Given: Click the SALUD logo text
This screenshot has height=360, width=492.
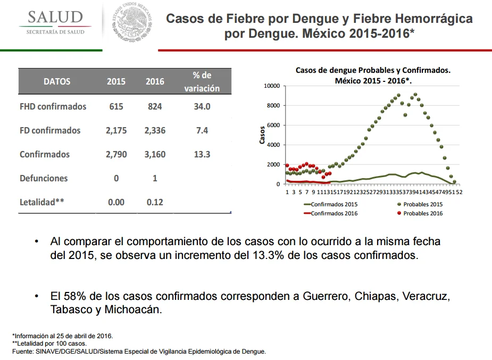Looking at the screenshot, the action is (55, 17).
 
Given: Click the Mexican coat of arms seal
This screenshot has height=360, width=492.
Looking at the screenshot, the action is (132, 21).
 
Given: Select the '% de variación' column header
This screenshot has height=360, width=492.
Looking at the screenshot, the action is (202, 81).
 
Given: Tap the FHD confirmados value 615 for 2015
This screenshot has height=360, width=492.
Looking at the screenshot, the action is (116, 107).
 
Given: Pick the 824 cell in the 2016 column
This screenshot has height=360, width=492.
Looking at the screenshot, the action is (155, 107).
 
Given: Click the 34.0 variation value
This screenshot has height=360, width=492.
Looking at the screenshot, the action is (202, 107).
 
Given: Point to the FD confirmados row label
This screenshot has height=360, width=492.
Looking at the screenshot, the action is (50, 130).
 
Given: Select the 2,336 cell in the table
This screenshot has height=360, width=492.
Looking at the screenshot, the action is (155, 130).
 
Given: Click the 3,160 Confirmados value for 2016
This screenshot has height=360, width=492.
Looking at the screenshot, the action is (155, 154).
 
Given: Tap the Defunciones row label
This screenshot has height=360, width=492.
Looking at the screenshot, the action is (44, 178).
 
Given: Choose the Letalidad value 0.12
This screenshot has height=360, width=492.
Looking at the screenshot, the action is (155, 202).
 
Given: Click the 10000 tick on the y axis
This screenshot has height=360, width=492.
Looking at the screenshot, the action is (272, 86).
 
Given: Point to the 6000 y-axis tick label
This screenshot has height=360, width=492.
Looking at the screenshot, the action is (273, 125).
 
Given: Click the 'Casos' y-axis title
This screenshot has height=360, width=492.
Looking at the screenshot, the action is (262, 135).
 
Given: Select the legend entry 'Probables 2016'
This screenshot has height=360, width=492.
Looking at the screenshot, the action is (420, 213).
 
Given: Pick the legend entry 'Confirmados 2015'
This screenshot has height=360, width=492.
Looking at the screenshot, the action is (331, 204).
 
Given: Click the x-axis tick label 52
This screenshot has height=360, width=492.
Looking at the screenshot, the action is (459, 192).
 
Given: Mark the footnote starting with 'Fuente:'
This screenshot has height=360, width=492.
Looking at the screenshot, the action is (139, 351).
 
